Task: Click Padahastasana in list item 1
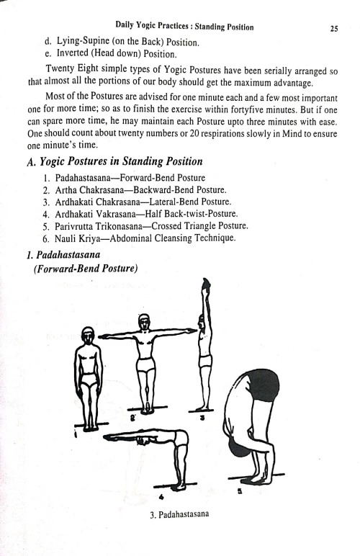(x=96, y=176)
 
